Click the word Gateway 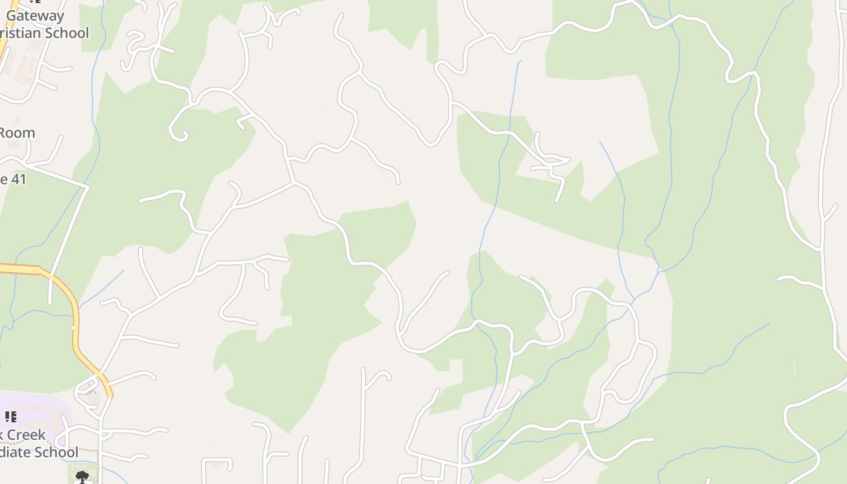(35, 16)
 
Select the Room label (16, 132)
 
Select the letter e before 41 (3, 179)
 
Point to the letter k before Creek (2, 435)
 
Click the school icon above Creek (11, 416)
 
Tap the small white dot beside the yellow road (73, 327)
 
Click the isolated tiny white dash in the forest (794, 368)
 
